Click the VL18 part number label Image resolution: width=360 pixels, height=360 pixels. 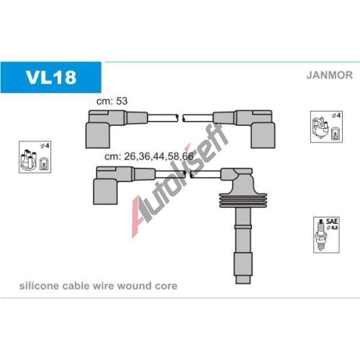(51, 77)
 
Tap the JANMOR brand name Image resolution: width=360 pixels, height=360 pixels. (329, 75)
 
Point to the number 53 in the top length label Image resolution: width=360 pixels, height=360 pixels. (122, 101)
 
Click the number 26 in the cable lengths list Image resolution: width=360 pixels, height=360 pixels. (130, 156)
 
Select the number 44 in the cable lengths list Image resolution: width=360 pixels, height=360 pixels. (159, 156)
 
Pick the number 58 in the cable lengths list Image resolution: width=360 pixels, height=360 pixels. (174, 156)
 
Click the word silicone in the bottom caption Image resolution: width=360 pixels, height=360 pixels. (39, 286)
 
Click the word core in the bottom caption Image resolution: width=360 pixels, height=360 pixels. (166, 287)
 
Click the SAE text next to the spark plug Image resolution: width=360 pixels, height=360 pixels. (332, 221)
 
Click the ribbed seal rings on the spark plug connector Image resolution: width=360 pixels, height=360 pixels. (243, 200)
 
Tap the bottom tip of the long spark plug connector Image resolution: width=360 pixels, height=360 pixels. (243, 283)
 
